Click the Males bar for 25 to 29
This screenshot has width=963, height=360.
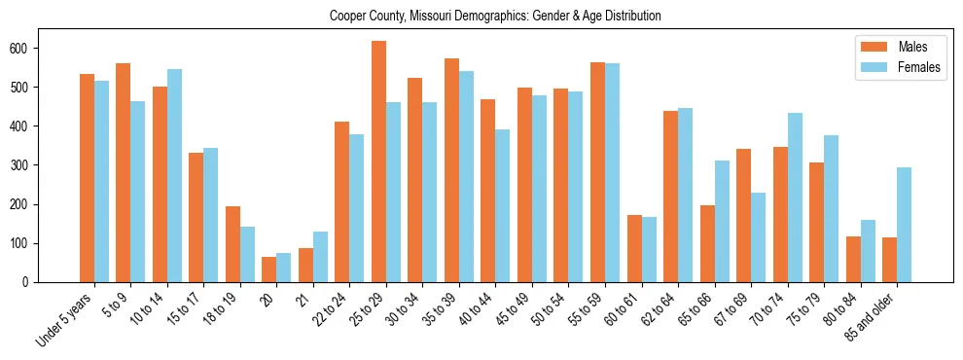tap(378, 162)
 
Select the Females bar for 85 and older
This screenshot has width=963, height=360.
tap(904, 225)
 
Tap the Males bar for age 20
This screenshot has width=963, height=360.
tap(269, 270)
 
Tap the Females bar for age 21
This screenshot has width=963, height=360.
tap(320, 257)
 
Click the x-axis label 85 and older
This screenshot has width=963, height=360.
tap(870, 317)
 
